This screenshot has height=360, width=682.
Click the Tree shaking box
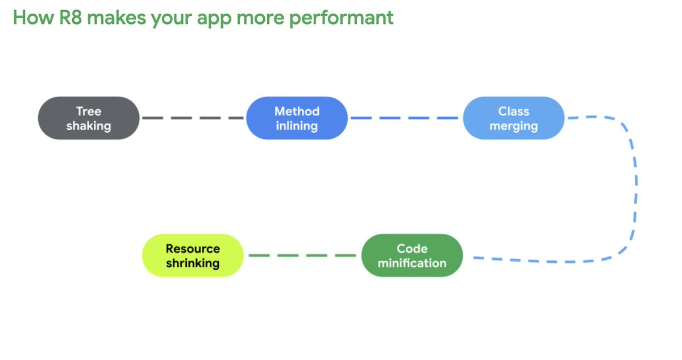point(89,118)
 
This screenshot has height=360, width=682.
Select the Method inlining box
point(297,118)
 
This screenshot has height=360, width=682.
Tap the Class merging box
point(514,118)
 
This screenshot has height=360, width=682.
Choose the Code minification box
point(412,256)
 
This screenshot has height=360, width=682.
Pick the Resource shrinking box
point(193,256)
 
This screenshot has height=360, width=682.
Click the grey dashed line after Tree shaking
point(193,118)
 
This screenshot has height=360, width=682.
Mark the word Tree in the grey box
point(89,111)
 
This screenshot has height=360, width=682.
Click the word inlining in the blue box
point(297,126)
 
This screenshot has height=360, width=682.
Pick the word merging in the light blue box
point(514,126)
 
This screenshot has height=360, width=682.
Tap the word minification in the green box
point(412,263)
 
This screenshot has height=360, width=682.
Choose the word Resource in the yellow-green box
point(193,249)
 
